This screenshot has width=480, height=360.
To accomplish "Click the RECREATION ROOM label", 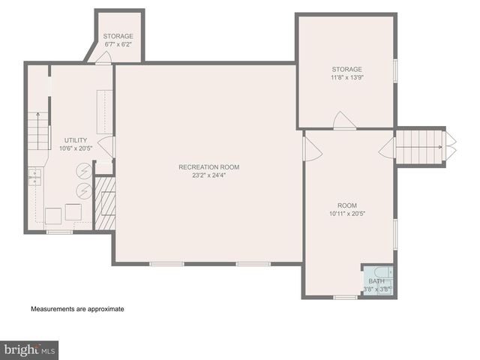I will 208,166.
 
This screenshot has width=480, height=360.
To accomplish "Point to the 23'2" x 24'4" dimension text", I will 208,175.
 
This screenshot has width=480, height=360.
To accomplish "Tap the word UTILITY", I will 76,140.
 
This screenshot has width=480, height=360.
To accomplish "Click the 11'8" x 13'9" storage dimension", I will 346,77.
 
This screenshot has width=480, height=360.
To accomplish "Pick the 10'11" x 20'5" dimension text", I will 346,214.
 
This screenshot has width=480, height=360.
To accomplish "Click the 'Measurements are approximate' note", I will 76,309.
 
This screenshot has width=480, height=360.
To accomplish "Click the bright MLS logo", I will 29,349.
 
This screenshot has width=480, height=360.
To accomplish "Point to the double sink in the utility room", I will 34,176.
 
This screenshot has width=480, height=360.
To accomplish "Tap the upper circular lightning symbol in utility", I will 84,171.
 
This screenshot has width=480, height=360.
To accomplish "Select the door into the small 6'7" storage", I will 103,58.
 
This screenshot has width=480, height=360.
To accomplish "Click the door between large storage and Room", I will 345,121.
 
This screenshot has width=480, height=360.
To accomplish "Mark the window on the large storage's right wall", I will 394,70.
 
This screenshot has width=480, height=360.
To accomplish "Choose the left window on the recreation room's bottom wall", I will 166,263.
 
